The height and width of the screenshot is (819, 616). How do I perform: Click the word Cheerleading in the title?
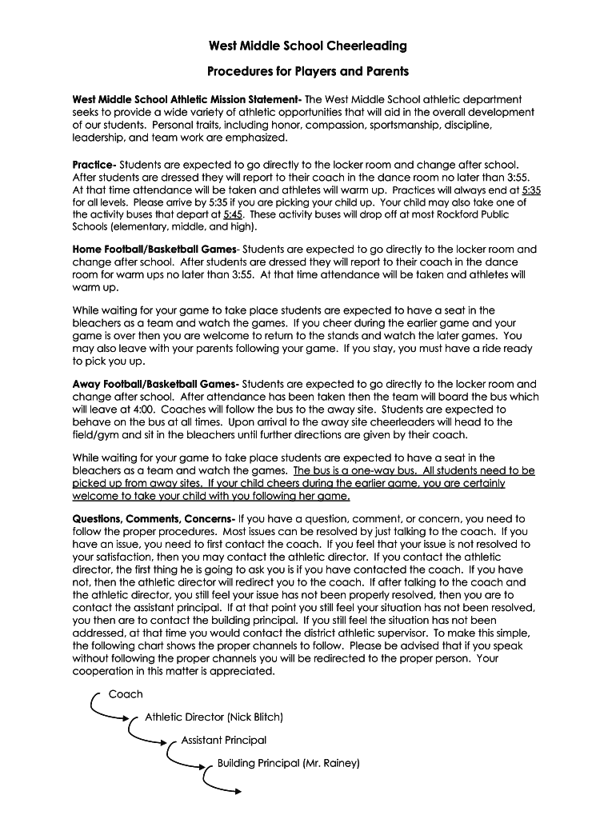(367, 46)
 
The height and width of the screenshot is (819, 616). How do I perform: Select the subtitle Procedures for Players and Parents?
(308, 71)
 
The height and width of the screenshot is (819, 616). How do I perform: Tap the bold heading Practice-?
(94, 164)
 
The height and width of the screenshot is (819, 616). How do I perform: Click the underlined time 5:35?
(531, 190)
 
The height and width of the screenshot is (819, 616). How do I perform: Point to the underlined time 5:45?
(233, 214)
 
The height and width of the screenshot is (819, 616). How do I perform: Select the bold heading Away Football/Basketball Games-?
(155, 384)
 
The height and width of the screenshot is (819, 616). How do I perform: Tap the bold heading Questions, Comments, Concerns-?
(154, 518)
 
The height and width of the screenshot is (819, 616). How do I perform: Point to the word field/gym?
(101, 434)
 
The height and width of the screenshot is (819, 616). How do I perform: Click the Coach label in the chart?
(126, 693)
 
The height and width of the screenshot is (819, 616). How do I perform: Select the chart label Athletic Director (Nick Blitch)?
(214, 717)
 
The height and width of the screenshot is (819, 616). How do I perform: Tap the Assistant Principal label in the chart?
(224, 740)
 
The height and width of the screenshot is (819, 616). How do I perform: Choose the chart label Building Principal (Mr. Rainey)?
(289, 763)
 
